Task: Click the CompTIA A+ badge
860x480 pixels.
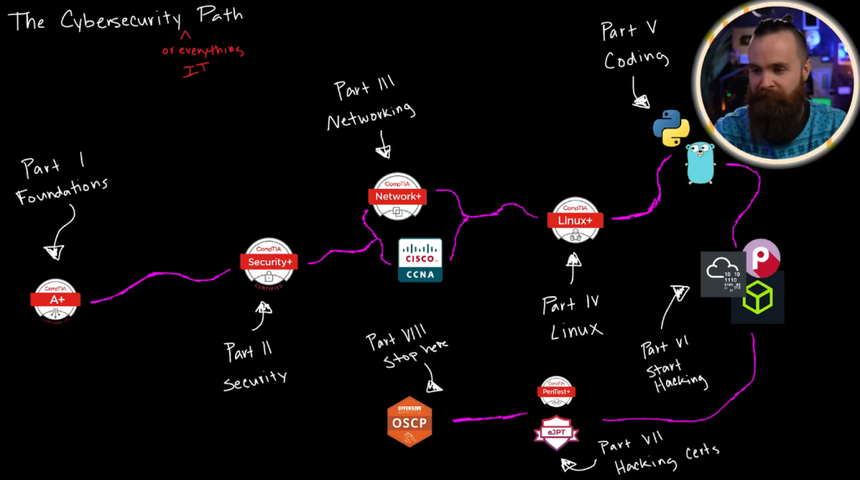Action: pos(56,300)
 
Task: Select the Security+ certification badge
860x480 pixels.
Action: pos(270,263)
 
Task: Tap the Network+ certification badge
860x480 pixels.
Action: pos(397,196)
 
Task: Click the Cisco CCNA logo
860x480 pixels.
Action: pos(420,259)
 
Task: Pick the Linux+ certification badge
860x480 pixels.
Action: pos(575,220)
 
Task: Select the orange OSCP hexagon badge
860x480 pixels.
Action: pos(410,421)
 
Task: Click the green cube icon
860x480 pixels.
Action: pos(758,298)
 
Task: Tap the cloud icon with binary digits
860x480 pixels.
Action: pos(723,274)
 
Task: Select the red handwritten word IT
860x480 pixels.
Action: pos(195,70)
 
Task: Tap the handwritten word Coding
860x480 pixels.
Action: pos(636,60)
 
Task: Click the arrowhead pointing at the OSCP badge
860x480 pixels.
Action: pos(433,387)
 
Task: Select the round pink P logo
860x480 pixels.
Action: pos(762,258)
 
